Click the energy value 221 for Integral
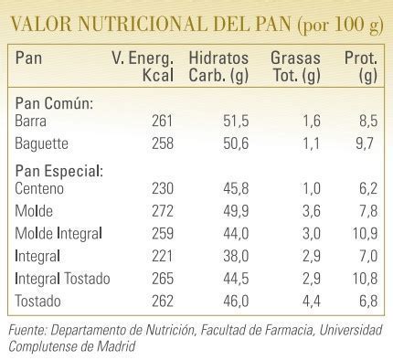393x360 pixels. pos(159,254)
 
